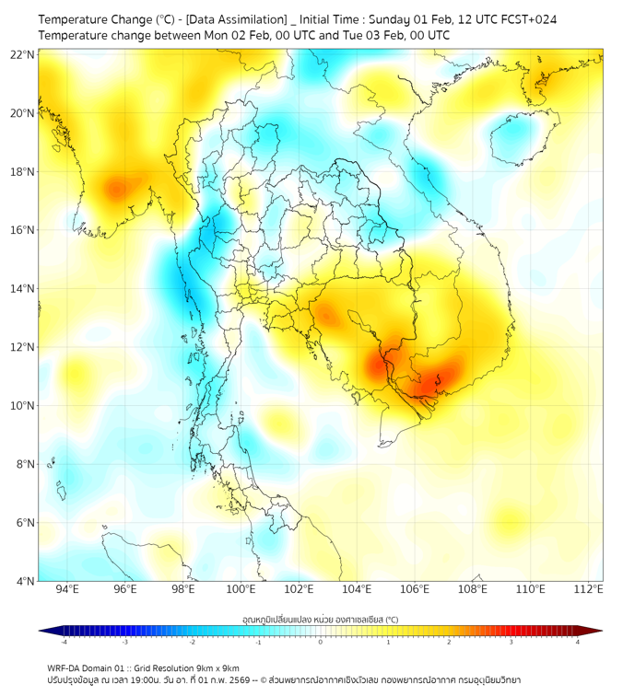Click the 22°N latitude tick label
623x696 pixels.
click(23, 54)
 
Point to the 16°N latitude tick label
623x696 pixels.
click(23, 229)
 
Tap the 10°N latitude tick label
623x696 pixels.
click(23, 405)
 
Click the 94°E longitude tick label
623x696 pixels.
click(66, 589)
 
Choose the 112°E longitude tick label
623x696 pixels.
click(589, 589)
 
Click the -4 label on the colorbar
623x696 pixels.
click(64, 642)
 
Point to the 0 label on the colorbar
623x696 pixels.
click(321, 642)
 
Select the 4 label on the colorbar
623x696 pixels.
click(578, 642)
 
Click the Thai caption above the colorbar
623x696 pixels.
click(320, 621)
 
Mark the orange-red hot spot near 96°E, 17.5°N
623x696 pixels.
click(116, 190)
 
